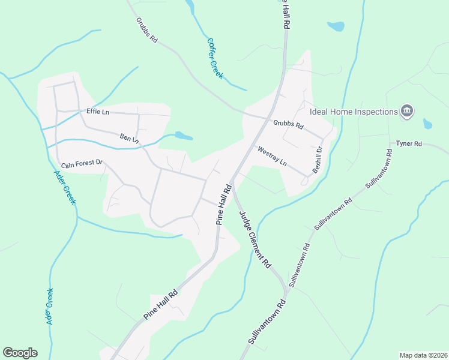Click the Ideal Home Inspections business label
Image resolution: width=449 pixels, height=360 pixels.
point(354,112)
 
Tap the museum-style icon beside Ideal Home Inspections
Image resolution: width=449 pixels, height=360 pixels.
point(407,111)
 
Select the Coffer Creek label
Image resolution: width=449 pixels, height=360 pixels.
point(215,59)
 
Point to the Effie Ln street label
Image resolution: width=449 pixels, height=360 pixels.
point(98,112)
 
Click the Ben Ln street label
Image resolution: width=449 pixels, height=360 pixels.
point(129,139)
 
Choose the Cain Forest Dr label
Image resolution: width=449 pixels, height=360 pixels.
point(82,163)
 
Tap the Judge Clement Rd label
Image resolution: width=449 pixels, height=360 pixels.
point(255,239)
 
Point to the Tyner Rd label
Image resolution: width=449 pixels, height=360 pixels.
point(409,144)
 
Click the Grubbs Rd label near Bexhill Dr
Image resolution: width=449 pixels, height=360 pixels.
point(289,126)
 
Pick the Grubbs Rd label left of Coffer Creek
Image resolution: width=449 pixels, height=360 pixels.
point(146,30)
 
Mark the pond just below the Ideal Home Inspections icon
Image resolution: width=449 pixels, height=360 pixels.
point(427,124)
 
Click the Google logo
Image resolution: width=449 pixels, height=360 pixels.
point(20,353)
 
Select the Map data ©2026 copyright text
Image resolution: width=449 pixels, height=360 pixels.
point(423,355)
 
